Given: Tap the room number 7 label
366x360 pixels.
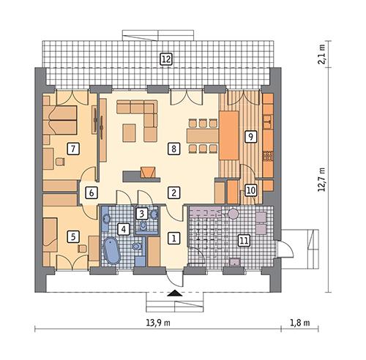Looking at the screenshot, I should tap(72, 149).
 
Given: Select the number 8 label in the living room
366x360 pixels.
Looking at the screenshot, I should tap(173, 149).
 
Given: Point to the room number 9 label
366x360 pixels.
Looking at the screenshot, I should tap(250, 136).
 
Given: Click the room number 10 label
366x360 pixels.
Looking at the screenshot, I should tap(251, 190).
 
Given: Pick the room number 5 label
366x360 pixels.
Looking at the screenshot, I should tap(72, 236).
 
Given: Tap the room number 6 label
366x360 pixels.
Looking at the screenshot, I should tap(91, 193).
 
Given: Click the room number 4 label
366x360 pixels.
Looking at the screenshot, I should tap(124, 229).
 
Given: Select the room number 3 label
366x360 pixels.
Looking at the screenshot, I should tap(143, 214).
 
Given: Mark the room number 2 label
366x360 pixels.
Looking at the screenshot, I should tap(173, 192).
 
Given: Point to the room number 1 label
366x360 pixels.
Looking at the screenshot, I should tap(173, 237).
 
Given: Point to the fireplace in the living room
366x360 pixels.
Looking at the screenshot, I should tap(149, 173).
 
